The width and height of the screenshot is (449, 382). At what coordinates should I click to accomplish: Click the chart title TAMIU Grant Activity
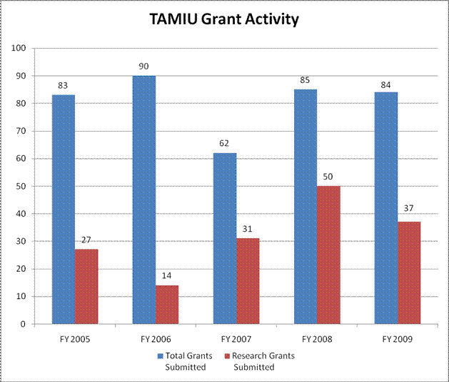tap(223, 20)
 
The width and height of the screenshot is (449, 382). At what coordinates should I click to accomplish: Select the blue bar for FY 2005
tap(64, 209)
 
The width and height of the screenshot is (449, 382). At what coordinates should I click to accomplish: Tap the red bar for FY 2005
tap(86, 286)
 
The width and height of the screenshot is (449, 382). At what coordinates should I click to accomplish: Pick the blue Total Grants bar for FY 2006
tap(144, 200)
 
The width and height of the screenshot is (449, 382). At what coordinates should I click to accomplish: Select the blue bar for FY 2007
tap(225, 238)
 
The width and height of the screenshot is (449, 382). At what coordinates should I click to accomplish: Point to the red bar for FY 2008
tap(328, 255)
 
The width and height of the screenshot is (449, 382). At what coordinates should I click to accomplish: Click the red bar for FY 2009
tap(409, 273)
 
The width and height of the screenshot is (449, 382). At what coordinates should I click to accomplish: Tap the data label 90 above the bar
tap(144, 67)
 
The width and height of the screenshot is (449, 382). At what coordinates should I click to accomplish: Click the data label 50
tap(328, 177)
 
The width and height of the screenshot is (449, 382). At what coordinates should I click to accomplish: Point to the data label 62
tap(225, 145)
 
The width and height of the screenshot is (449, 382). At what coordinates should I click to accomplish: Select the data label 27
tap(86, 241)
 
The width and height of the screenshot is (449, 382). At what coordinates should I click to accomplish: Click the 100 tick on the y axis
tap(19, 48)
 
